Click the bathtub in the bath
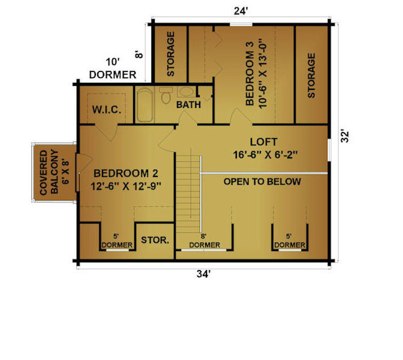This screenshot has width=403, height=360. click(145, 105)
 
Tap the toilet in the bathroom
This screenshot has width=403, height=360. click(166, 95)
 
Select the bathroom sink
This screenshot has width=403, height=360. click(187, 92)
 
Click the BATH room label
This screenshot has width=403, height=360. click(188, 104)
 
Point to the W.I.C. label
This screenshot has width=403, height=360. click(106, 110)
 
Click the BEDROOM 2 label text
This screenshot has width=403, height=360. click(126, 173)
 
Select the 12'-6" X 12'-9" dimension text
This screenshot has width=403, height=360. click(126, 186)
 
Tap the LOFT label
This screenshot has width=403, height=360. click(264, 142)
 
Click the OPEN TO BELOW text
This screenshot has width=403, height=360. click(262, 182)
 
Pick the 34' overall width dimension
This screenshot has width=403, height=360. click(203, 274)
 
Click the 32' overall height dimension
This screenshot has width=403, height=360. click(345, 136)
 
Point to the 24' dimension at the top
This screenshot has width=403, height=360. click(241, 11)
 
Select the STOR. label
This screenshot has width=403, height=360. click(155, 240)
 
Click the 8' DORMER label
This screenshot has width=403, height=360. click(204, 241)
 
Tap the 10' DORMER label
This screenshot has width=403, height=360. click(113, 68)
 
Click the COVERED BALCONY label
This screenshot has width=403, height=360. click(49, 173)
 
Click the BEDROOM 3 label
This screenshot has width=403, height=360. click(249, 74)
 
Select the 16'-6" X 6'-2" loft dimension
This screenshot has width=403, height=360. click(265, 155)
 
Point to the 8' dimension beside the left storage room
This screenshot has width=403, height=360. click(139, 55)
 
